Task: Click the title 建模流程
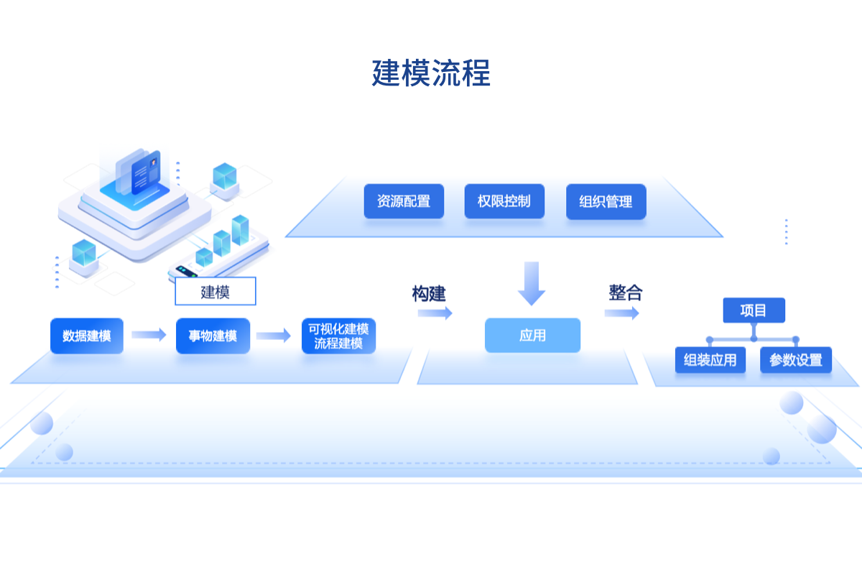[431, 73]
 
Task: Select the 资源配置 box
[404, 201]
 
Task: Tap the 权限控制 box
[504, 201]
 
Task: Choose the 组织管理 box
[606, 202]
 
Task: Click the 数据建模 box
[87, 336]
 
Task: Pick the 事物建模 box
[213, 336]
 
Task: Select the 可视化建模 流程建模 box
[338, 336]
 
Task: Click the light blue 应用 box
[532, 336]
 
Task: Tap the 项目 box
[754, 310]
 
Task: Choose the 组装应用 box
[710, 360]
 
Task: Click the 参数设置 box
[796, 360]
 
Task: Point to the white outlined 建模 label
[215, 292]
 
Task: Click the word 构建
[429, 293]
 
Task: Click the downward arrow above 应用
[532, 283]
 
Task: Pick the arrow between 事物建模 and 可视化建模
[273, 336]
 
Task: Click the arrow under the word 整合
[621, 313]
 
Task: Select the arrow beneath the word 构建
[435, 313]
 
